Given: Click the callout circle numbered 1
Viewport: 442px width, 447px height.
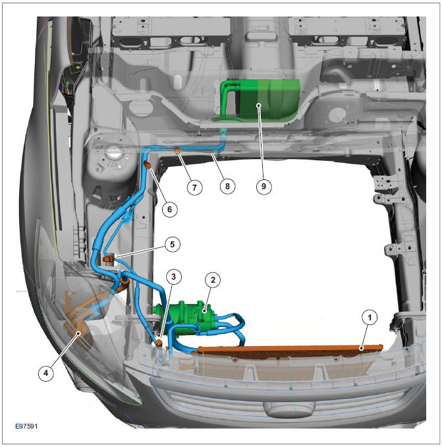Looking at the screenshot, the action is point(370,318).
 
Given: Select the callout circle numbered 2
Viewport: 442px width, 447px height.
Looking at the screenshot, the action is point(213,280).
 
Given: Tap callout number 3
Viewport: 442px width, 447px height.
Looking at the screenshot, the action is point(173,276).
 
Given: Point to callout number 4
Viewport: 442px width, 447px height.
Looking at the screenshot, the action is point(46,372).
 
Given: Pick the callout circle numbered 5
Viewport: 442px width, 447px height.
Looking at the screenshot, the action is point(173,245).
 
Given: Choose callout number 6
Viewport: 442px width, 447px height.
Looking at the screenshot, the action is point(169,209).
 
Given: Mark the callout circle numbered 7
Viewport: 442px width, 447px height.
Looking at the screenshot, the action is point(194,187).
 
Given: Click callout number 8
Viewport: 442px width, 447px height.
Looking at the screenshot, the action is point(227,186).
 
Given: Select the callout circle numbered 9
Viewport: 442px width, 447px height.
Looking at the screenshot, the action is point(263,186).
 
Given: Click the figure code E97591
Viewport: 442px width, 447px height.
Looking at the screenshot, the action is point(26,426).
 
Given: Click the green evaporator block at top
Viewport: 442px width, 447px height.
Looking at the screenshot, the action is point(269,99).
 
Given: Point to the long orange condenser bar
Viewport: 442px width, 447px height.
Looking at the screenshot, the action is point(288,350).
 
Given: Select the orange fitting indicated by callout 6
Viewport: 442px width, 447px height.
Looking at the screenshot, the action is point(148,165).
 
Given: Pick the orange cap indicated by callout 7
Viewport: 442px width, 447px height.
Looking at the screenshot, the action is point(177,150).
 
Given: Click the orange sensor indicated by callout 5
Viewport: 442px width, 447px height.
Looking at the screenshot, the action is point(108,259).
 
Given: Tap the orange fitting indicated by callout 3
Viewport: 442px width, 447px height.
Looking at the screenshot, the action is point(159,342).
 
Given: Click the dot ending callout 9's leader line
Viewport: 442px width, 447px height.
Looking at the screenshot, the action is point(259,105).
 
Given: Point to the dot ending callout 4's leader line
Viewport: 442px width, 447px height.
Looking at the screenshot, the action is point(78,333).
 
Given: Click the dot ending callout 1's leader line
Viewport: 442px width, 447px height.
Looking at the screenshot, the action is point(361,348).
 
